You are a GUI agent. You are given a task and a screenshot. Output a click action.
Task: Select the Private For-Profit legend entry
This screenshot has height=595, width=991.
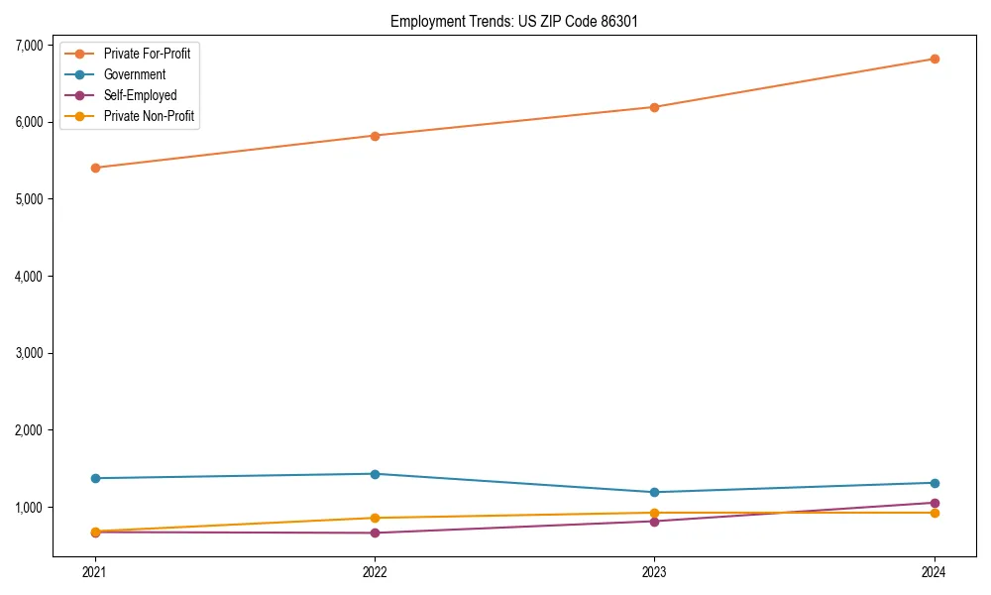coord(147,54)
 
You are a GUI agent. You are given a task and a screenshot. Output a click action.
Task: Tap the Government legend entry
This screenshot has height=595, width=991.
coord(134,74)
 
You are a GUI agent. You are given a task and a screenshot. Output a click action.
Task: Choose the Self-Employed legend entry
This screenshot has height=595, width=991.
coord(140,95)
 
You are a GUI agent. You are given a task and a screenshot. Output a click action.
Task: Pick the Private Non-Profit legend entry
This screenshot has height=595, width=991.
coord(149,116)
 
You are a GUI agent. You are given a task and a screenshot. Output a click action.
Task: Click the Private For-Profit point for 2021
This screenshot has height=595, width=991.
coord(95,168)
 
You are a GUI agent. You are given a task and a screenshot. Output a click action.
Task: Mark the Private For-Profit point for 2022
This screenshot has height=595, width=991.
coord(375,136)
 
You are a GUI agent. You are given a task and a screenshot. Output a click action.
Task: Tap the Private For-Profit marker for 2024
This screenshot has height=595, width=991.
coord(935,59)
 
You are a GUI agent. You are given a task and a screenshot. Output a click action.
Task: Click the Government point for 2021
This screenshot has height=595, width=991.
coord(95,478)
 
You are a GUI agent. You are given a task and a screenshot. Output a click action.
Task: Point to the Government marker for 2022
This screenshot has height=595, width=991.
coord(375,474)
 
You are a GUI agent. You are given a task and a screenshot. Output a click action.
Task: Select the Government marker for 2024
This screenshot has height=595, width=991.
coord(935,483)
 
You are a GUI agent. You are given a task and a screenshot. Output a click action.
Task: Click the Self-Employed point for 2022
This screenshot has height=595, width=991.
coord(375,533)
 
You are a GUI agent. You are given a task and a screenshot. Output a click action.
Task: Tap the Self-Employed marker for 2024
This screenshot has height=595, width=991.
coord(935,503)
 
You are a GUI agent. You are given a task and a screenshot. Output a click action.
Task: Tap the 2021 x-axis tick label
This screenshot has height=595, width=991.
coord(95,571)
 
